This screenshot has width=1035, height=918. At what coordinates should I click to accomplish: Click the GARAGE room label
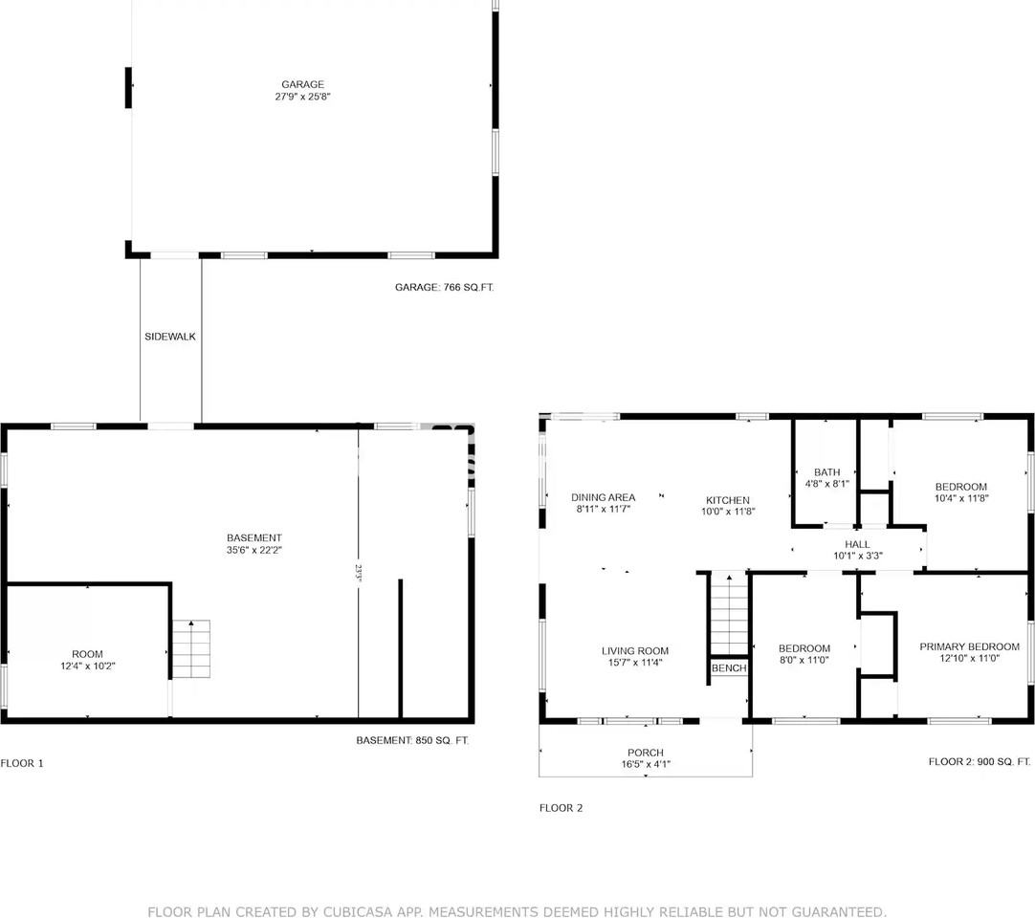pos(302,84)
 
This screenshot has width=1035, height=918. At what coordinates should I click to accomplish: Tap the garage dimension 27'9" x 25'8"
pos(302,97)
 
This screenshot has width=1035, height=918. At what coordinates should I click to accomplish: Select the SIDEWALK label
pos(170,337)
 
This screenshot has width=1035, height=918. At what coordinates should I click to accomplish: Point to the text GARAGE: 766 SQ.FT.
pos(444,287)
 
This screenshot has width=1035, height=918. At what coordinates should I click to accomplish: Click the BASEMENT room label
pos(254,537)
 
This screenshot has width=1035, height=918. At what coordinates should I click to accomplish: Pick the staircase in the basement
pos(191,648)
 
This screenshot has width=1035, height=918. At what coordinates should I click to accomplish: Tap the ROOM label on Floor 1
pos(87,654)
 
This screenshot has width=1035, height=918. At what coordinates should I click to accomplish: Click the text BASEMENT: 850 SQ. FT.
pos(412,740)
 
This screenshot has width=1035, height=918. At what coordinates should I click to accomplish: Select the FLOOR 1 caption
pos(22,764)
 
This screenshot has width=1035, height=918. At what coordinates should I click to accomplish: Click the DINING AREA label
pos(604,497)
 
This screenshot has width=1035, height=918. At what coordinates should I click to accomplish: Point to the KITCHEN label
pos(728,500)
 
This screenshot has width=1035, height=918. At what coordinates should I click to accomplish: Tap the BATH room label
pos(827,472)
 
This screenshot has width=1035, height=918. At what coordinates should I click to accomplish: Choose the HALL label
pos(857,544)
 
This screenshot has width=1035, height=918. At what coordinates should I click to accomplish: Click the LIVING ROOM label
pos(635,651)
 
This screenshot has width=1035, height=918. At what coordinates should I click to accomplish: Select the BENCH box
pos(729,668)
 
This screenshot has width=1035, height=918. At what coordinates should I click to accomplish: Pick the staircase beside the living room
pos(729,615)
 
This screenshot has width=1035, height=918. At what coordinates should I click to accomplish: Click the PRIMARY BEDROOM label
pos(970,646)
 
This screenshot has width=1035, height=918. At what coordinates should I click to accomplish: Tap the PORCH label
pos(646,753)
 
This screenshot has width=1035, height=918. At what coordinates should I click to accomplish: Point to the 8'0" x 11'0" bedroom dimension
pos(804,660)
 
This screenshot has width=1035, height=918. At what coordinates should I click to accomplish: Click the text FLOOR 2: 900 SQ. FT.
pos(980,761)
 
